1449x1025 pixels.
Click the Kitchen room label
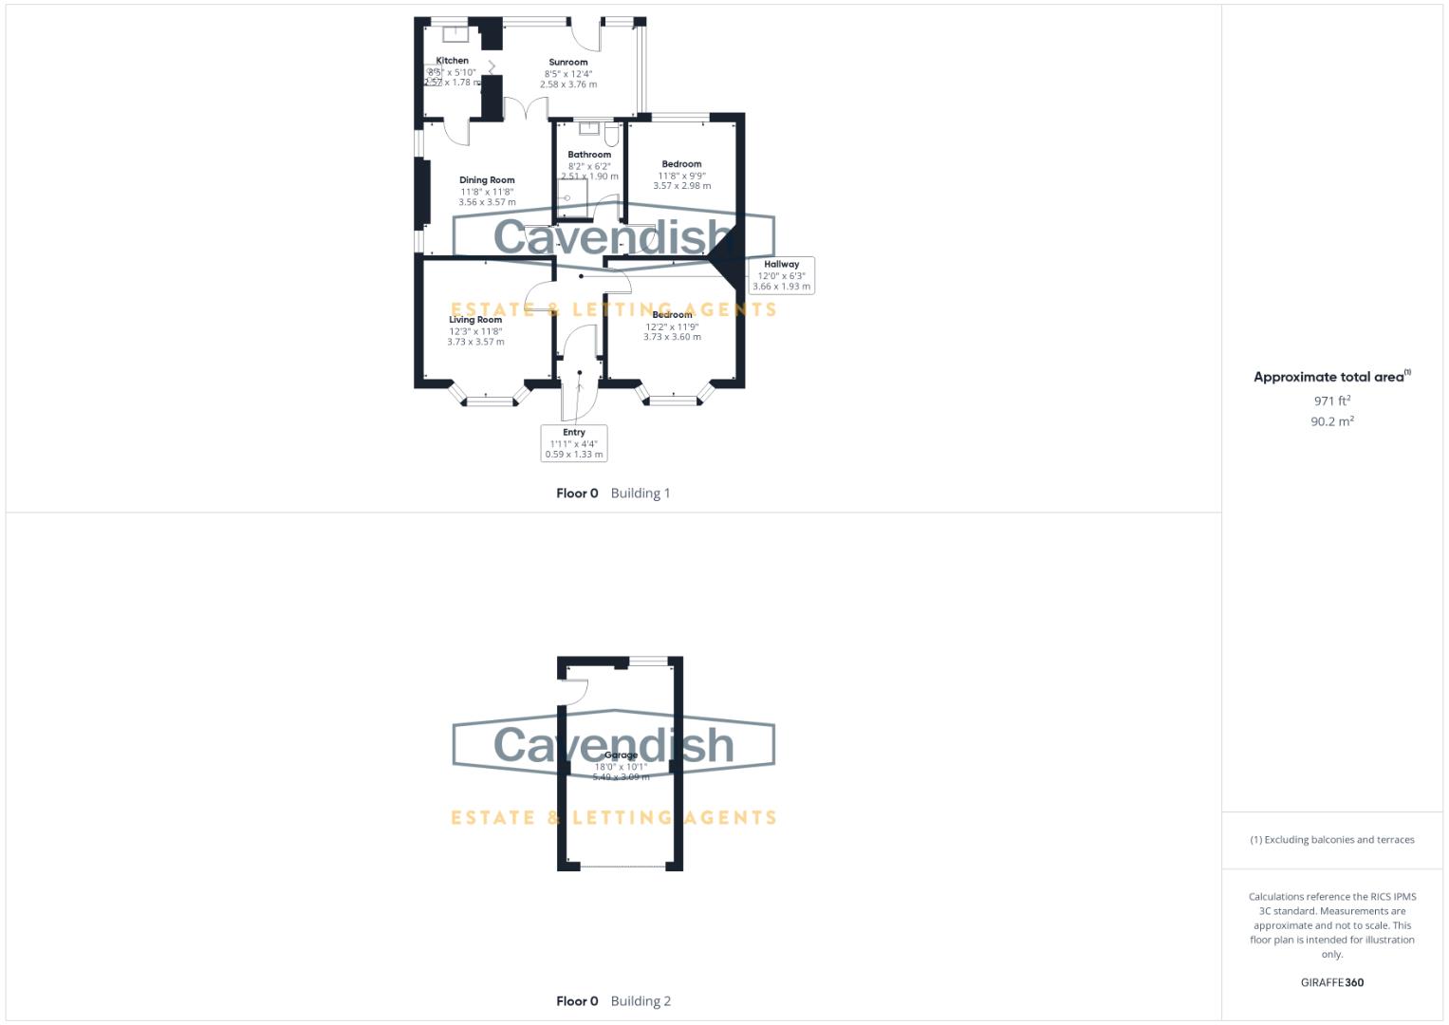click(452, 61)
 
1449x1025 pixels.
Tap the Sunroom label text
click(568, 63)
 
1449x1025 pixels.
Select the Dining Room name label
click(487, 180)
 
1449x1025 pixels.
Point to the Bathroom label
click(589, 155)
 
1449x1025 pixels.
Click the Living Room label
click(475, 320)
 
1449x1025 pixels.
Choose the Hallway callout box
click(781, 275)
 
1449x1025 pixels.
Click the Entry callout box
click(574, 443)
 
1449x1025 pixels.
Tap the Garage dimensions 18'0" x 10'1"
click(621, 767)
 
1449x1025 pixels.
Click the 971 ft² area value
click(1331, 401)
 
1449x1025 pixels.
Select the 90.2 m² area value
click(1331, 421)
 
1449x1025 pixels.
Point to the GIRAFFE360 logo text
click(1331, 982)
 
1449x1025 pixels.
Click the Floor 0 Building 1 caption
click(613, 494)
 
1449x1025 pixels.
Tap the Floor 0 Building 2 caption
click(613, 1001)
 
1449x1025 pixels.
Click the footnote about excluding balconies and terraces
click(1331, 840)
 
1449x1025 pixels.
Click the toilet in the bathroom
click(611, 135)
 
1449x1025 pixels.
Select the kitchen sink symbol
click(456, 33)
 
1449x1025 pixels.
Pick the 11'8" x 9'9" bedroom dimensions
click(681, 176)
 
